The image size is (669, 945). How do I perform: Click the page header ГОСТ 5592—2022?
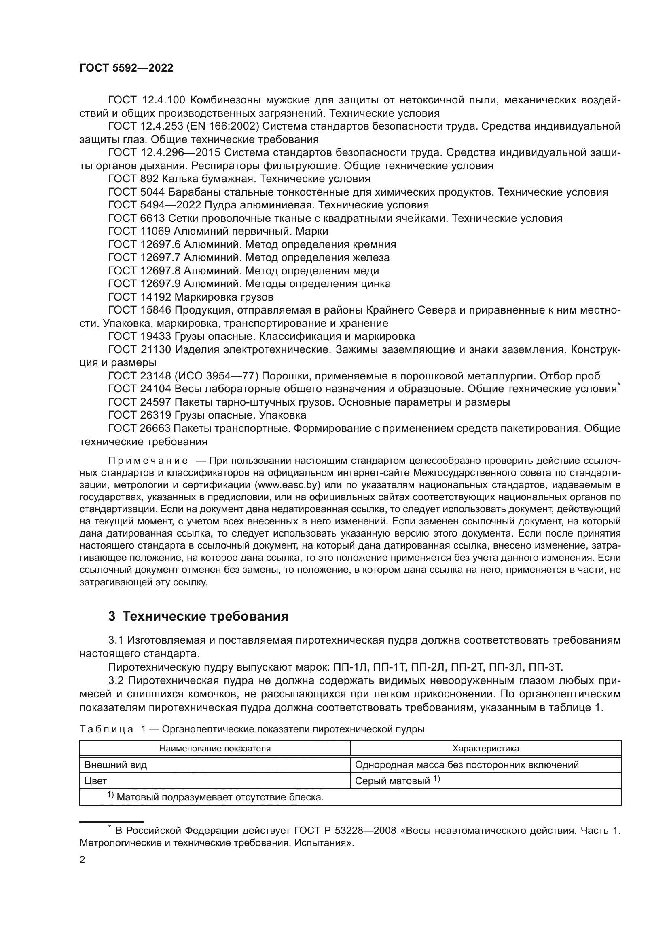click(x=126, y=68)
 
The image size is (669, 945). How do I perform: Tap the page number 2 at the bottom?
click(x=83, y=859)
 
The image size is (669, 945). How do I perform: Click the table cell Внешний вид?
click(x=115, y=765)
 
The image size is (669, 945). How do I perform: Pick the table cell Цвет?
click(x=95, y=781)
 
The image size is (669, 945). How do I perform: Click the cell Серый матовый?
click(x=392, y=781)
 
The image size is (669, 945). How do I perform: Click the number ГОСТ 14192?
click(x=140, y=297)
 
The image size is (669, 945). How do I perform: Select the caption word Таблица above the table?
click(x=106, y=729)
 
